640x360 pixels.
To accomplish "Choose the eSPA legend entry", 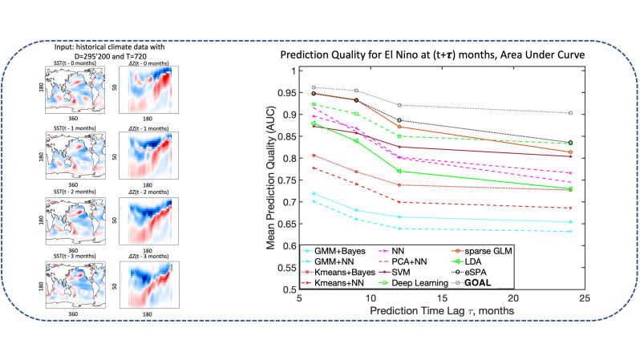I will pyautogui.click(x=479, y=272).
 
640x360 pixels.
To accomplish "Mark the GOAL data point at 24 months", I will pyautogui.click(x=570, y=113).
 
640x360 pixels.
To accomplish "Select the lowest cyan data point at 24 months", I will pyautogui.click(x=570, y=232).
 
